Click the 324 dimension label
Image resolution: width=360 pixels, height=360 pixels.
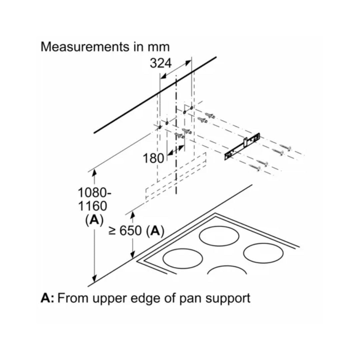pos(160,63)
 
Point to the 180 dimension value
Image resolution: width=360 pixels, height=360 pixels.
pos(154,158)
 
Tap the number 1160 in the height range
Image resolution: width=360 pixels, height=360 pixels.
pos(93,206)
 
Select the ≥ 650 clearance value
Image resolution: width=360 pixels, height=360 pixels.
pos(125,231)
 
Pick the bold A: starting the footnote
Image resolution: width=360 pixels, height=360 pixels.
pos(47,298)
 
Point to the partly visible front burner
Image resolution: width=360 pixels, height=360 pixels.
pos(227,271)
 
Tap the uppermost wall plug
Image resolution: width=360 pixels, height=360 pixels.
pos(210,116)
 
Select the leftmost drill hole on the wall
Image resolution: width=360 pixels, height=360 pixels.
pos(160,128)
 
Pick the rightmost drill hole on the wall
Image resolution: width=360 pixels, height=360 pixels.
pos(191,108)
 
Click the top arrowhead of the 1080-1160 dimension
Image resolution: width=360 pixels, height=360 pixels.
pos(94,173)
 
